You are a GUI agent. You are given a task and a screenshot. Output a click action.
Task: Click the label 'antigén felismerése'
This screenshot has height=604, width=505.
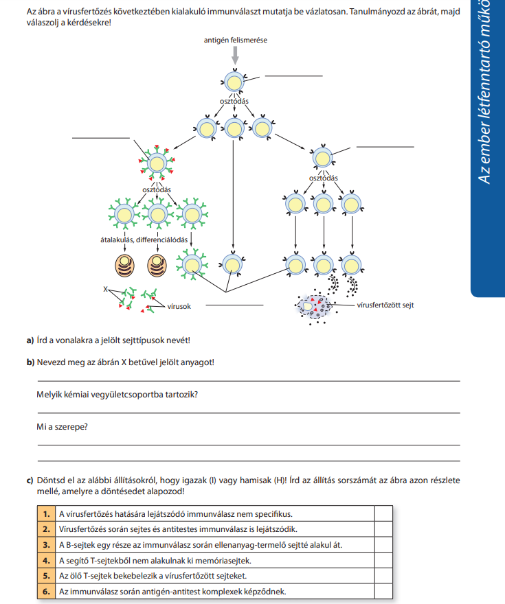pos(235,40)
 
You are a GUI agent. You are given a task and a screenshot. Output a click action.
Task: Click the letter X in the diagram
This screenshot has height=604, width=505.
pos(106,289)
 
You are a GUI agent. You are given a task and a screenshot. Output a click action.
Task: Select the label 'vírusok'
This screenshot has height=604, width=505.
pos(179,306)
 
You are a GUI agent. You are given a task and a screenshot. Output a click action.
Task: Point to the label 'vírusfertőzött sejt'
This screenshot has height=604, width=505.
pos(385,305)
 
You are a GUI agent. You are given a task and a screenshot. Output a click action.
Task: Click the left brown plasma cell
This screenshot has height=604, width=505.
pos(126,264)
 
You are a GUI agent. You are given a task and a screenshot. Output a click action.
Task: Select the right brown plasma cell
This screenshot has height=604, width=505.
pos(157,264)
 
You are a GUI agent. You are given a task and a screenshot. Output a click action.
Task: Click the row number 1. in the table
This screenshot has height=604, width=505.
pos(45,513)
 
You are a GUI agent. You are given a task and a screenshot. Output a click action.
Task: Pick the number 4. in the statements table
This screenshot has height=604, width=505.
pos(45,560)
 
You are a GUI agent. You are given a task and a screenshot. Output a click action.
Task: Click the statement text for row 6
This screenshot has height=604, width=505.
pos(172,591)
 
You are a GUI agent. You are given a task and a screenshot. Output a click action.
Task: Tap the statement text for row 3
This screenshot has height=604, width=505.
pos(201,545)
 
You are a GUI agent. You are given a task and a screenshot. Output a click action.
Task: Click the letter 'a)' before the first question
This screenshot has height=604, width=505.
pos(30,340)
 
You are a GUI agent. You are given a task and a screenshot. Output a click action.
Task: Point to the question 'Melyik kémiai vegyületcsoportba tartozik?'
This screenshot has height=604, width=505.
pos(117,395)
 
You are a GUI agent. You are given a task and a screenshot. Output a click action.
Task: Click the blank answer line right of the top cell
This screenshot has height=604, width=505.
pos(293,75)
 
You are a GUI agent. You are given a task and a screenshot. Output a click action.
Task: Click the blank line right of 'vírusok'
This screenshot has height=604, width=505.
pos(234,304)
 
